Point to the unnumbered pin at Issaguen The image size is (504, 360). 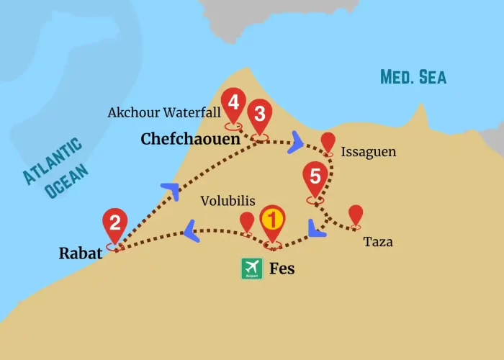pos(328,142)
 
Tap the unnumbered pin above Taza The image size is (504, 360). pos(355,215)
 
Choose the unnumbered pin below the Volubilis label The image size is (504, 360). pos(247,222)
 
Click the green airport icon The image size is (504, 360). pos(251,269)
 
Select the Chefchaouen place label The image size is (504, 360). pos(190,139)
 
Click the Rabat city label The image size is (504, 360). pos(79,253)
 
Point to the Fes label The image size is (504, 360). pos(282,269)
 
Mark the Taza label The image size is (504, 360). pos(378,242)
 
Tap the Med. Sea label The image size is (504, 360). pos(413,77)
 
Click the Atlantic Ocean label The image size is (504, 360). pos(56,168)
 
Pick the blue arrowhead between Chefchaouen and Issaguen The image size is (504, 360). pos(295,143)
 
